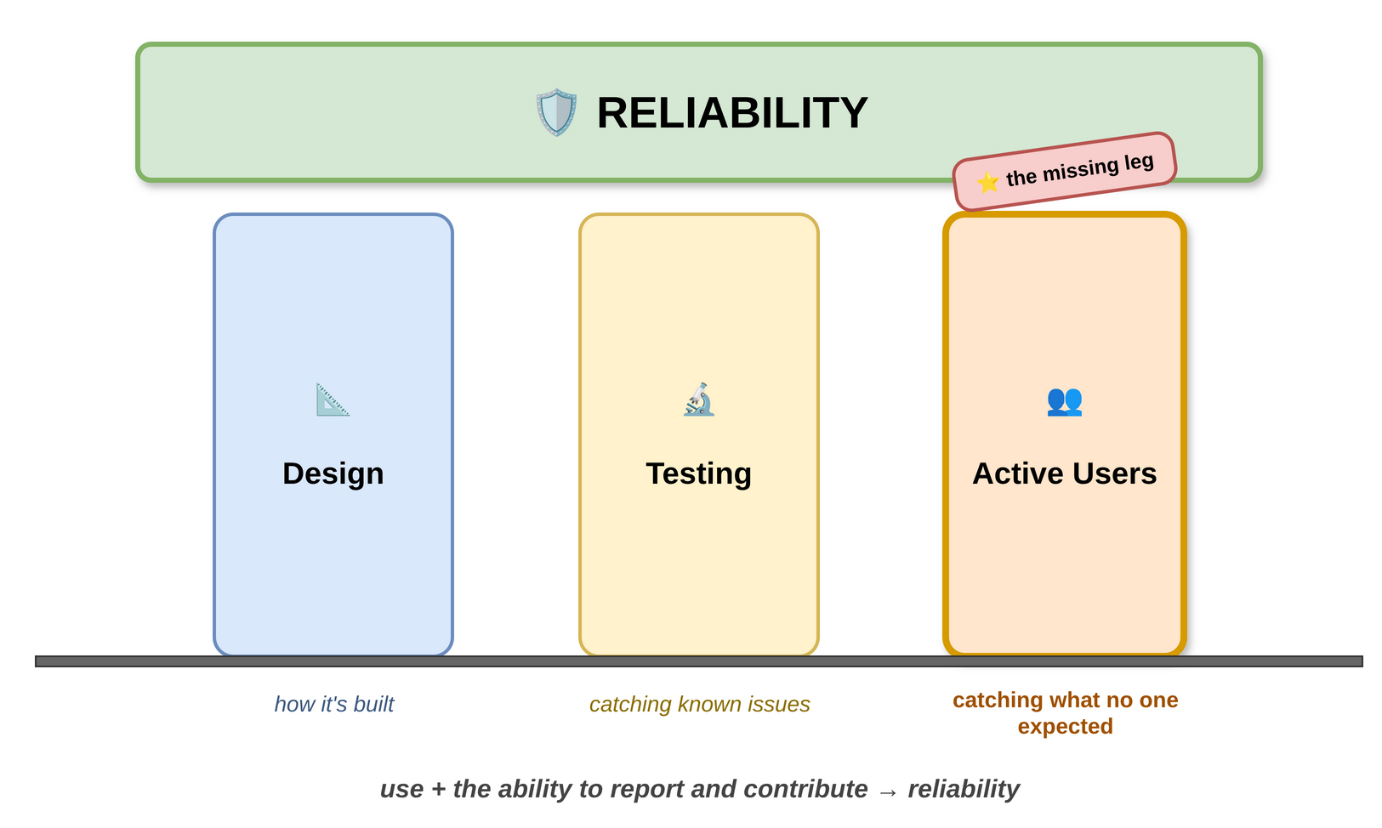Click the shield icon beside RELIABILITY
pyautogui.click(x=556, y=112)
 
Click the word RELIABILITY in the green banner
pyautogui.click(x=731, y=112)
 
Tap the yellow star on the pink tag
pyautogui.click(x=987, y=182)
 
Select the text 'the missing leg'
pyautogui.click(x=1079, y=170)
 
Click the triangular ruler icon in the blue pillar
pyautogui.click(x=333, y=400)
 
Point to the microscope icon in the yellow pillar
pyautogui.click(x=698, y=400)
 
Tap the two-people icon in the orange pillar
pyautogui.click(x=1064, y=400)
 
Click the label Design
pyautogui.click(x=333, y=474)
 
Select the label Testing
pyautogui.click(x=698, y=474)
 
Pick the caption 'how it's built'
pyautogui.click(x=333, y=705)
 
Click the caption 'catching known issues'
pyautogui.click(x=699, y=705)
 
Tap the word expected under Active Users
pyautogui.click(x=1065, y=727)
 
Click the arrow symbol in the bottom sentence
pyautogui.click(x=887, y=791)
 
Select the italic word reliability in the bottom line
pyautogui.click(x=963, y=789)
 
